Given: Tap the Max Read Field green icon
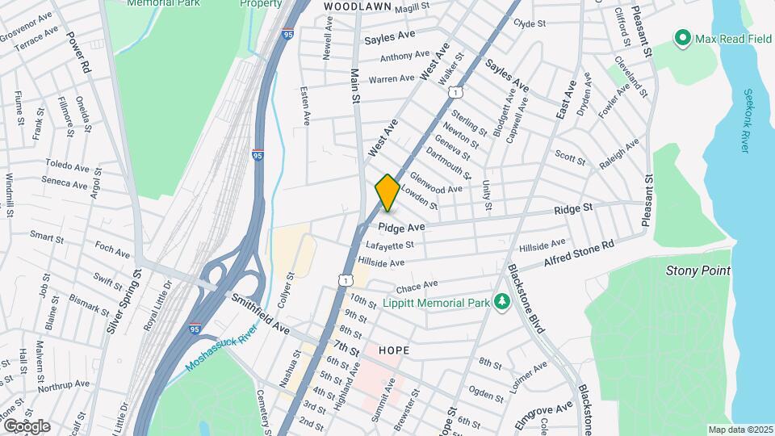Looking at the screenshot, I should [683, 38].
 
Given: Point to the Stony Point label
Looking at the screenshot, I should [697, 270].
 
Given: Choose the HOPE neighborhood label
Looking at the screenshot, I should [392, 350].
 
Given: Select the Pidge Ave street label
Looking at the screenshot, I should [401, 228].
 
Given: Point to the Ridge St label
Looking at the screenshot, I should [573, 208].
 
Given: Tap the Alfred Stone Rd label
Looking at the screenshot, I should [579, 251].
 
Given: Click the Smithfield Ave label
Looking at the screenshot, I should [260, 314].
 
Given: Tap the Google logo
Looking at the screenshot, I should [26, 426].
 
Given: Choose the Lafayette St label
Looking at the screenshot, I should [389, 245].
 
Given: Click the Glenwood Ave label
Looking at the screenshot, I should [436, 183].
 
